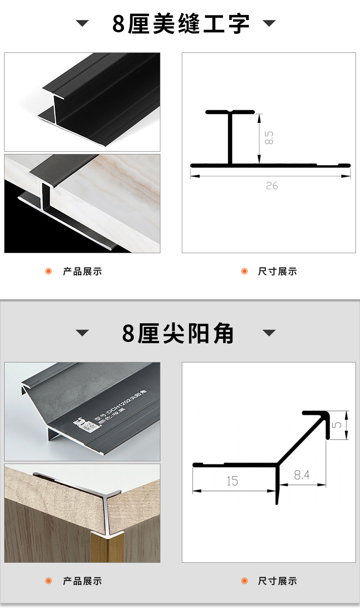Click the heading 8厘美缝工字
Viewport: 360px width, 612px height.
[x=180, y=24]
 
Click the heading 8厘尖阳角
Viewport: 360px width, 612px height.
[x=178, y=333]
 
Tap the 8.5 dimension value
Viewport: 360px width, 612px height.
[x=269, y=138]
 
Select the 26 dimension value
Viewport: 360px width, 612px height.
[x=272, y=186]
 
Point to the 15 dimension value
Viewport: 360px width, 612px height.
[x=232, y=481]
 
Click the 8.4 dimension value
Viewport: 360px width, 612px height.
[x=302, y=475]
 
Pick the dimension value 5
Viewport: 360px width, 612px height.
[x=338, y=425]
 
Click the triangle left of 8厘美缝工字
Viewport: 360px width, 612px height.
[x=82, y=24]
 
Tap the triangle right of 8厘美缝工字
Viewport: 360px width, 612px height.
[x=269, y=23]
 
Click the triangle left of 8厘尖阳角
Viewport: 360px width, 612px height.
[x=82, y=333]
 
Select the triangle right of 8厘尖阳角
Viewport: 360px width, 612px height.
[x=269, y=333]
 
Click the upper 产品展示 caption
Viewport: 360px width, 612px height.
[x=82, y=272]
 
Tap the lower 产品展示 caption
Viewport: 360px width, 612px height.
[x=82, y=581]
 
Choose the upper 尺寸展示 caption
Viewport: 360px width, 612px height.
[x=278, y=272]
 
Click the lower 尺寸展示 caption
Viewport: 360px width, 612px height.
[x=278, y=581]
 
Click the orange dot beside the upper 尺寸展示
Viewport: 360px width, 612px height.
[x=244, y=271]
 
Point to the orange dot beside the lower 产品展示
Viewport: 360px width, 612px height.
[x=49, y=581]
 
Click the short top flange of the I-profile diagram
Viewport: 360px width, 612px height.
[x=230, y=112]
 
